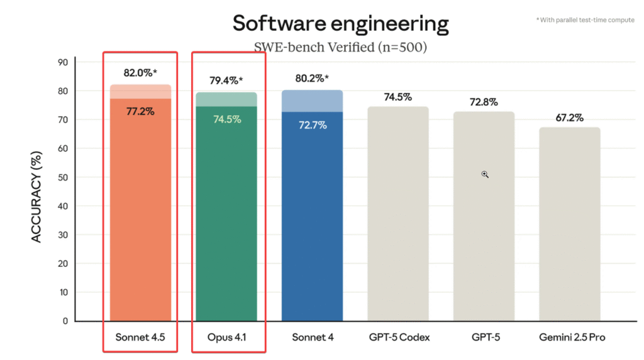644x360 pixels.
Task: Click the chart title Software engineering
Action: pos(340,23)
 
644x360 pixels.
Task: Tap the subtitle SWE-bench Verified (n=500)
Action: pos(340,47)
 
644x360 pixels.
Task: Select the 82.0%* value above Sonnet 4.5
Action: pos(140,73)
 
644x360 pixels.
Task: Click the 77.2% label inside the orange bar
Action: pos(140,111)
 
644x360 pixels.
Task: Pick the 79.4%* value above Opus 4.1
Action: pos(226,81)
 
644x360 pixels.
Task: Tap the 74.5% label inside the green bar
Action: pos(227,119)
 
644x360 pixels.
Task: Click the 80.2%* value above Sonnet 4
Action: pos(313,79)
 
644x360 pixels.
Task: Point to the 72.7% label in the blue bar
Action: pos(313,125)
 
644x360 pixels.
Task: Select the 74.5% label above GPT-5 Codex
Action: pos(397,97)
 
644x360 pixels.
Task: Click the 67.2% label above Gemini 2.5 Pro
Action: pos(569,118)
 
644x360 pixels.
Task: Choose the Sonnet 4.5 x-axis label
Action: pos(140,337)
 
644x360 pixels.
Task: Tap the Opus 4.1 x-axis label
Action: pos(227,337)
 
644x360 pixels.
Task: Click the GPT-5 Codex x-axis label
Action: pos(399,337)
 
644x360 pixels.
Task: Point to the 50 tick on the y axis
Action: pos(63,177)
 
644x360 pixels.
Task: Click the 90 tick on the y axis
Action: pos(63,62)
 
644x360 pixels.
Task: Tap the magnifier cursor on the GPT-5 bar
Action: pos(485,174)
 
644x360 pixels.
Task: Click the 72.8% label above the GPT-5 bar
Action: pos(484,102)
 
